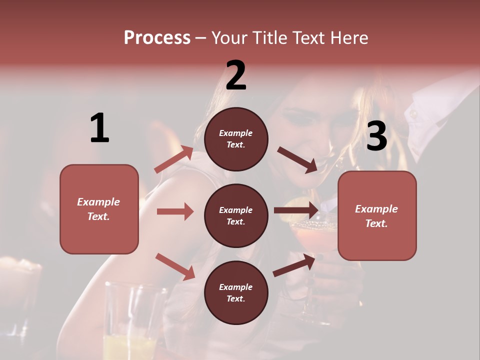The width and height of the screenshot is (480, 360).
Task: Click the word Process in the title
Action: point(157,37)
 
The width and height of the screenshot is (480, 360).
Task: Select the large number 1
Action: point(99,128)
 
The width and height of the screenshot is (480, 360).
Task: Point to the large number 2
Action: point(236,75)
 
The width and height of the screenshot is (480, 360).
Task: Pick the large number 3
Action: point(376,136)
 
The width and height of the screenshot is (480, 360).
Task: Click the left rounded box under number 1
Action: point(99,209)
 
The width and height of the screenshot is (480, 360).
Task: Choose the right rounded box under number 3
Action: point(377,216)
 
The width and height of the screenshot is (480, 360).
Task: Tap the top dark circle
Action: point(236,139)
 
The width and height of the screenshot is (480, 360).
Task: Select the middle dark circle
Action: point(236,215)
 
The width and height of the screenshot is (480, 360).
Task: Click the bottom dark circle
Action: point(236,292)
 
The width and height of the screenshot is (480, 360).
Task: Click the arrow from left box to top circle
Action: point(174,159)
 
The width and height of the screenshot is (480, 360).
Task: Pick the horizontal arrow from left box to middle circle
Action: point(175,211)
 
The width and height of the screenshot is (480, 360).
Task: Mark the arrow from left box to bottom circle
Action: point(175,266)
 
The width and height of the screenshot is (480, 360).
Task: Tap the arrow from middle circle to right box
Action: point(295,210)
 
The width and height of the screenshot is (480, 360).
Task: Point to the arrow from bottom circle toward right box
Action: point(294,265)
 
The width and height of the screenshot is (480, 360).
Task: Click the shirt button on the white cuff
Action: point(413,114)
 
